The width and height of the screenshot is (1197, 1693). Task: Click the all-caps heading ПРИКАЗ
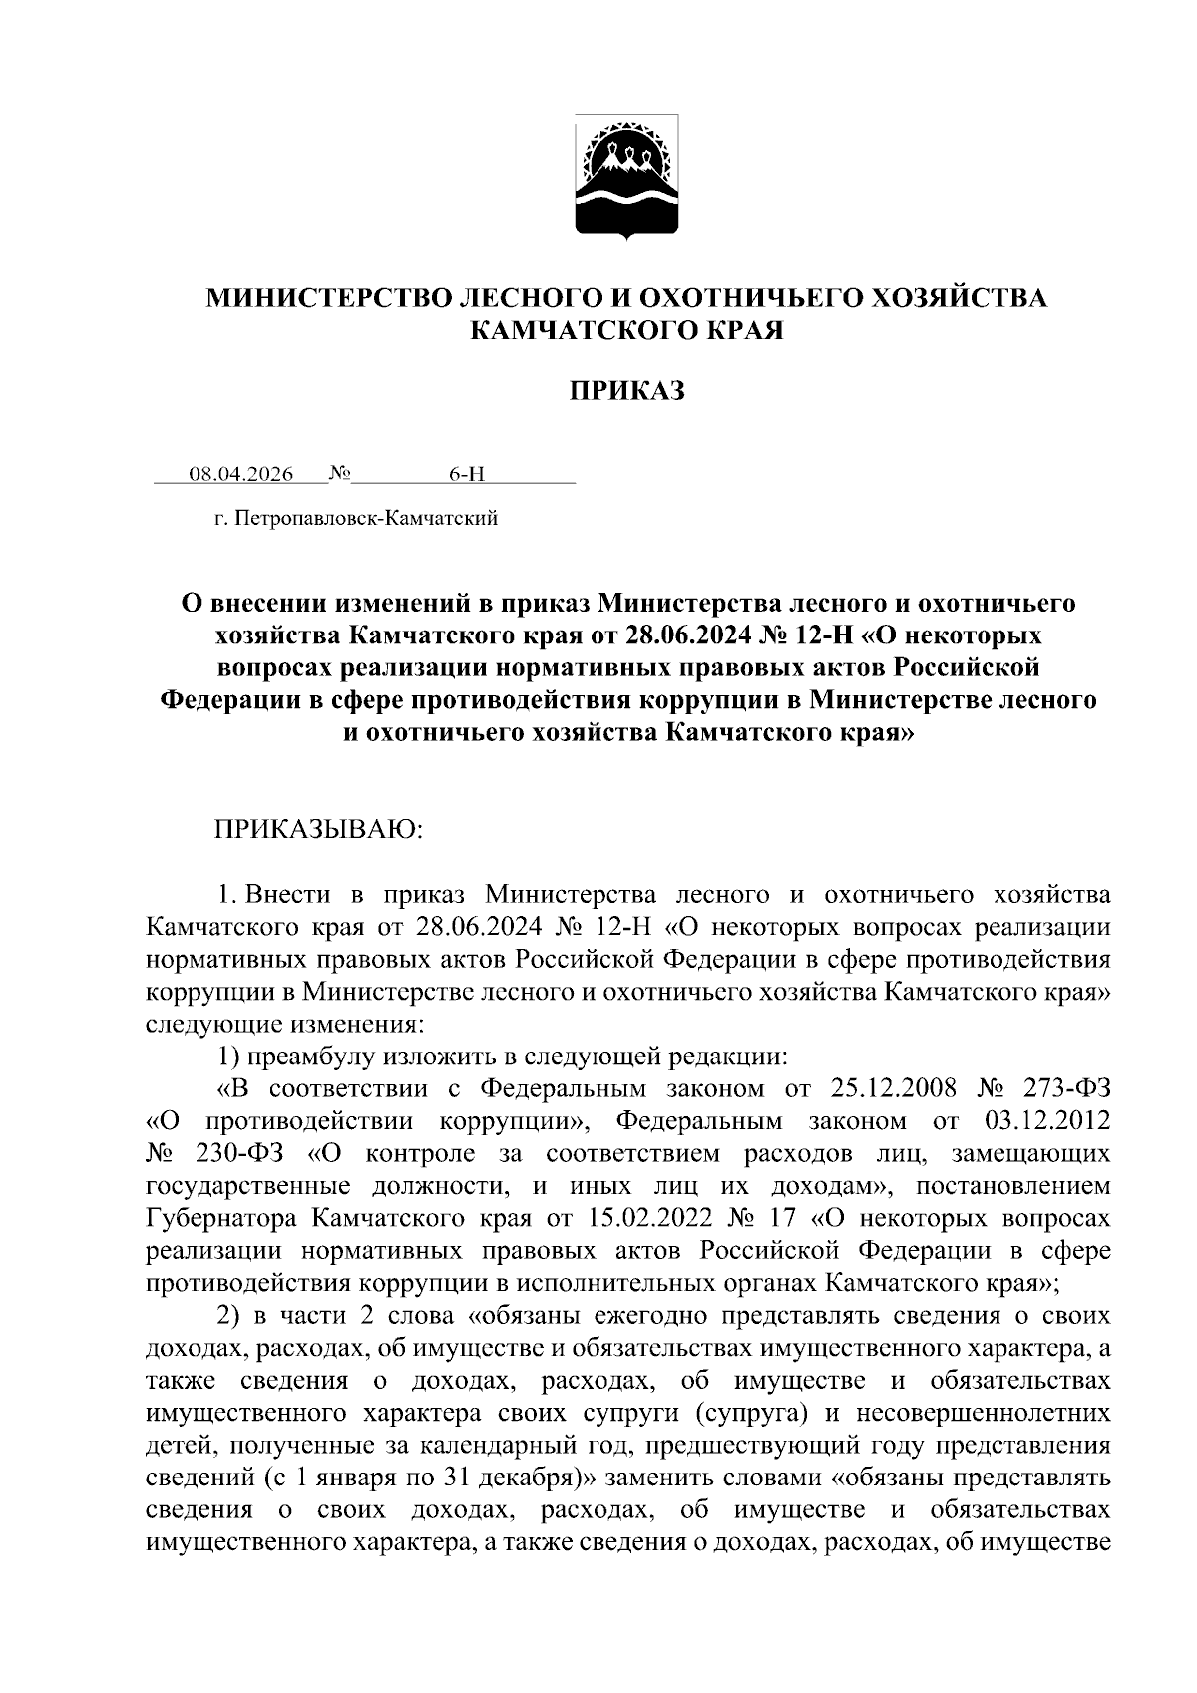pyautogui.click(x=627, y=392)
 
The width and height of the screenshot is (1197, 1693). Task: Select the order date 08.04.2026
pyautogui.click(x=241, y=475)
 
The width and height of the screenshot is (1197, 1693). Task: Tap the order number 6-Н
pyautogui.click(x=466, y=475)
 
